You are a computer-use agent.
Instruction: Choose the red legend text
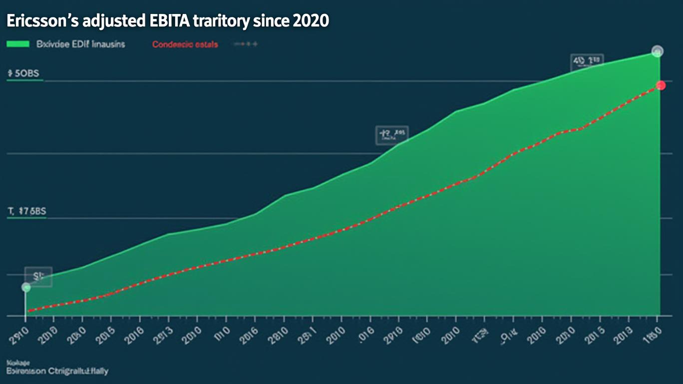click(x=185, y=44)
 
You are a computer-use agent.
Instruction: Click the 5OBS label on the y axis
click(x=23, y=73)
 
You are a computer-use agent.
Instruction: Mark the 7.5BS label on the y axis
click(x=27, y=211)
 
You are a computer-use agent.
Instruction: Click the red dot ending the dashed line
click(x=661, y=85)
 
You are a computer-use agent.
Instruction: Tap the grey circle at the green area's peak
click(x=658, y=51)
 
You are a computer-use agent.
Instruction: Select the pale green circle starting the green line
click(x=26, y=287)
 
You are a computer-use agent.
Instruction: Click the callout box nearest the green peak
click(x=587, y=61)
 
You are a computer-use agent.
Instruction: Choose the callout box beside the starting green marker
click(x=39, y=276)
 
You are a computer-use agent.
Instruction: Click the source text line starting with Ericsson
click(x=57, y=371)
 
